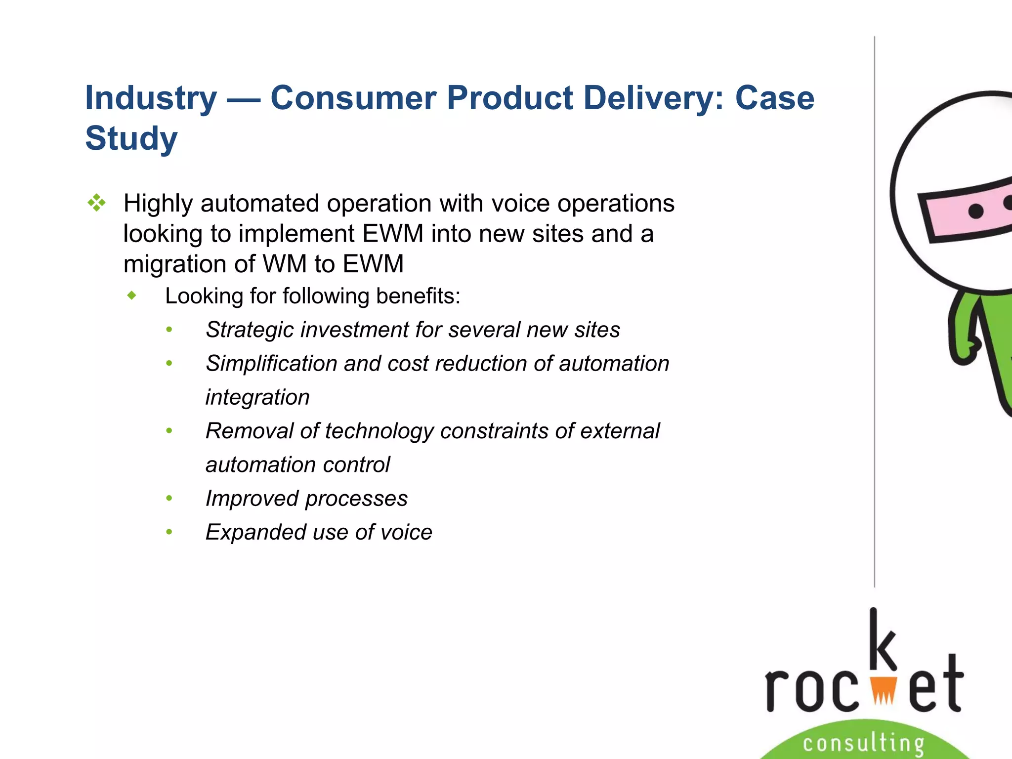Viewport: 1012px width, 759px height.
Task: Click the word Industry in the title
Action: click(151, 98)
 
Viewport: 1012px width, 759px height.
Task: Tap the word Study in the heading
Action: click(131, 139)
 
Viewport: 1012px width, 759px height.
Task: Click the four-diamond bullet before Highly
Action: click(96, 203)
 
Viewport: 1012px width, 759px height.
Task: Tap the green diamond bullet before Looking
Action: click(131, 296)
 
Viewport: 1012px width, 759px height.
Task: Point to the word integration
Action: click(257, 397)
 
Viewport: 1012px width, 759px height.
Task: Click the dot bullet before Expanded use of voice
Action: click(169, 532)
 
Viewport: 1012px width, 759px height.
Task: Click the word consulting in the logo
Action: click(863, 743)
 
